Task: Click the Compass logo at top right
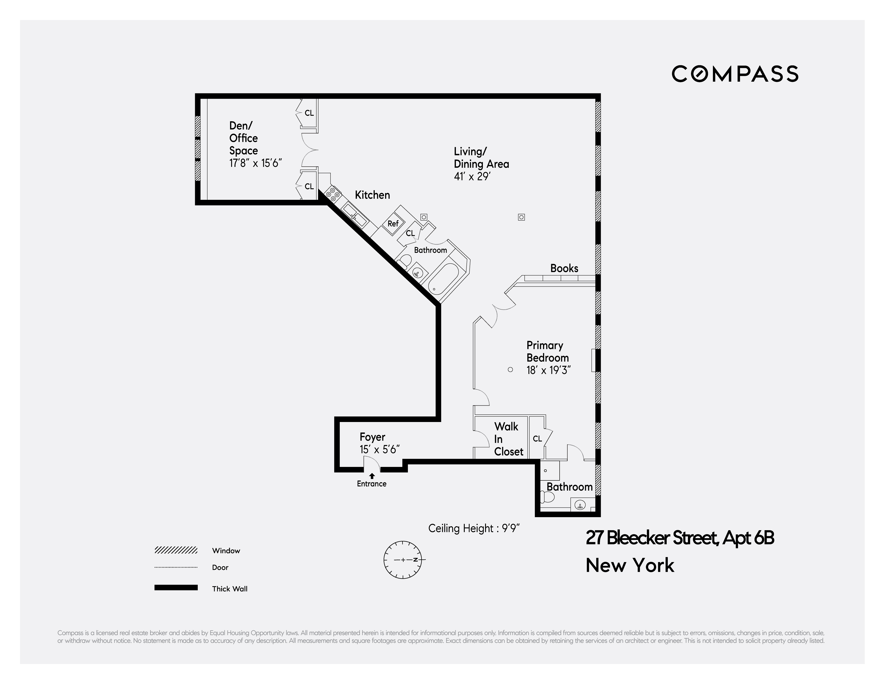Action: coord(735,74)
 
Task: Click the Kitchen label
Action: coord(372,195)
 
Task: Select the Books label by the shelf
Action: coord(564,268)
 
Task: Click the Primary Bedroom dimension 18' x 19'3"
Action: coord(549,370)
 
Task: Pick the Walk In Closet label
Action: coord(508,439)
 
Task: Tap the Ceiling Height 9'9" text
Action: coord(474,528)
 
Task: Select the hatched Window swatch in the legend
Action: coord(176,550)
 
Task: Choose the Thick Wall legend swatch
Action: coord(176,588)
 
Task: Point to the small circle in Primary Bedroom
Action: coord(510,369)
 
